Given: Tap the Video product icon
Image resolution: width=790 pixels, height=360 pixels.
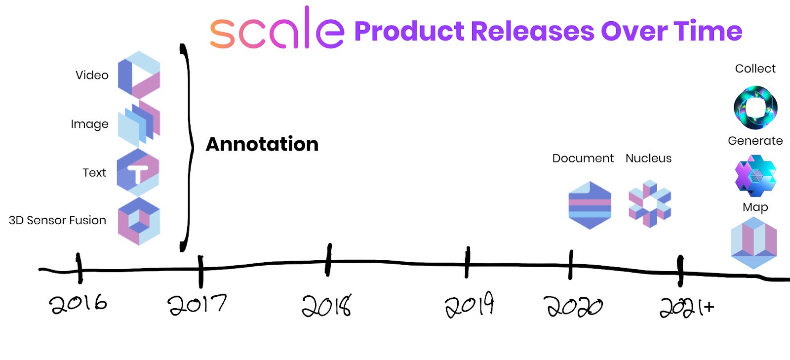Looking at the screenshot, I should pos(139,75).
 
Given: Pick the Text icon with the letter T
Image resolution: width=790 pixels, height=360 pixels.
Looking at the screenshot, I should pos(138,172).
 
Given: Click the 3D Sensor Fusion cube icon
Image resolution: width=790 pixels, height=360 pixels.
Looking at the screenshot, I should pos(139,221).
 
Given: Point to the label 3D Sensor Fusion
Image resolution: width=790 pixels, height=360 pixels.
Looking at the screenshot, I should pos(57,220).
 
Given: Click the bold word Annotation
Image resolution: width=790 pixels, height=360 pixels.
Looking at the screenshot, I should pos(262,144).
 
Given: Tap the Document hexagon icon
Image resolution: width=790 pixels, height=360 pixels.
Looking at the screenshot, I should pos(590,205).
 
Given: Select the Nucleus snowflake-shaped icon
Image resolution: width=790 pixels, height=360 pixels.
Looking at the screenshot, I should pos(649,204).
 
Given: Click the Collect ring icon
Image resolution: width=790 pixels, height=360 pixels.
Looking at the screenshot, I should pos(755,107).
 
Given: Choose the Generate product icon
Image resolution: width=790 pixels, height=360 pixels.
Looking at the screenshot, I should pos(755,175).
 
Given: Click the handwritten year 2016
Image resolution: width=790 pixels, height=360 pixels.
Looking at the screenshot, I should pos(78,303).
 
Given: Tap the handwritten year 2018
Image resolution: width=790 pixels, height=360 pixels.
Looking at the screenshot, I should pos(326,305).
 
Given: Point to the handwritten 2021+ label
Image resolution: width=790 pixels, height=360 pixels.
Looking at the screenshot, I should pos(687,307).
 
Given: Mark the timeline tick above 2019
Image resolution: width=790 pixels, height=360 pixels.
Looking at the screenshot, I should pos(467,262).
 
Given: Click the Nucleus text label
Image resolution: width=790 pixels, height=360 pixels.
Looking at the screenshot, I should pos(648,158).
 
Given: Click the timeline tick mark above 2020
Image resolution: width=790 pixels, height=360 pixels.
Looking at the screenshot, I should pos(571,265).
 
